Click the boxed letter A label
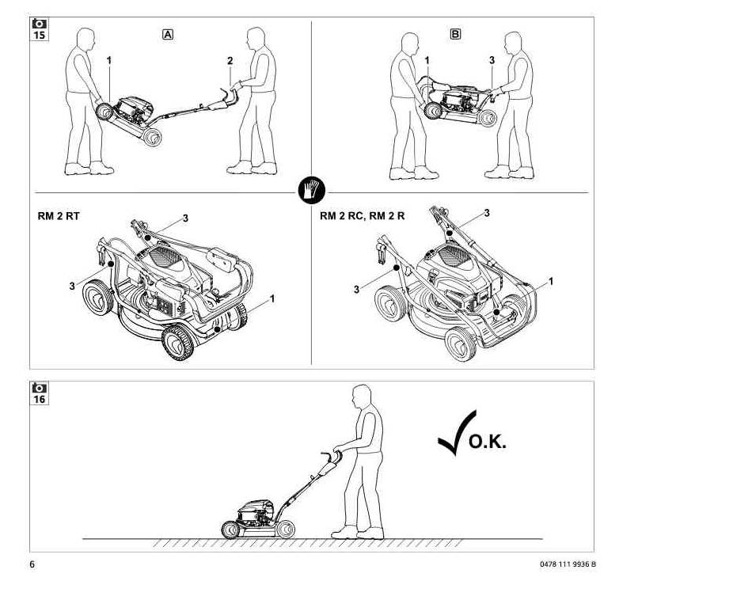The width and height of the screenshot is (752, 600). (x=168, y=35)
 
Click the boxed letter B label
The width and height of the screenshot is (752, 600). (x=455, y=34)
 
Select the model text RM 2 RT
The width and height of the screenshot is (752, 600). (x=59, y=216)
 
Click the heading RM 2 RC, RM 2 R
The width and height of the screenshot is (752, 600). (x=362, y=216)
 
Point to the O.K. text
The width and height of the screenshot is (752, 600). (x=487, y=442)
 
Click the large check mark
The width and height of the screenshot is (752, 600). (x=457, y=433)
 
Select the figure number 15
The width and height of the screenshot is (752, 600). (x=40, y=36)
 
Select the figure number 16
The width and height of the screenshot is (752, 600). (x=40, y=399)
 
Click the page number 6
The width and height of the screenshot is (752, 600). (x=32, y=564)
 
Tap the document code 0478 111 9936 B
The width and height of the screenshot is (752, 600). (x=568, y=564)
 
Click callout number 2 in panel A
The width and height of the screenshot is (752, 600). (x=230, y=60)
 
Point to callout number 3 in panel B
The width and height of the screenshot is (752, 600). (x=492, y=60)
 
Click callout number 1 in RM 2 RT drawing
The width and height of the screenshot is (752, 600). (x=272, y=298)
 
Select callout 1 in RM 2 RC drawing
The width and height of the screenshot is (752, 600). (x=551, y=281)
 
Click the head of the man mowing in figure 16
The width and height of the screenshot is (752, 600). (x=362, y=396)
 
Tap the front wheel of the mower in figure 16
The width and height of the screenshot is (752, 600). (x=230, y=530)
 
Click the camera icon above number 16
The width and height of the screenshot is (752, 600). (x=40, y=388)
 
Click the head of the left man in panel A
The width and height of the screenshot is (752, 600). (x=85, y=39)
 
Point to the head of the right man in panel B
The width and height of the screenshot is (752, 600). (x=514, y=44)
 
